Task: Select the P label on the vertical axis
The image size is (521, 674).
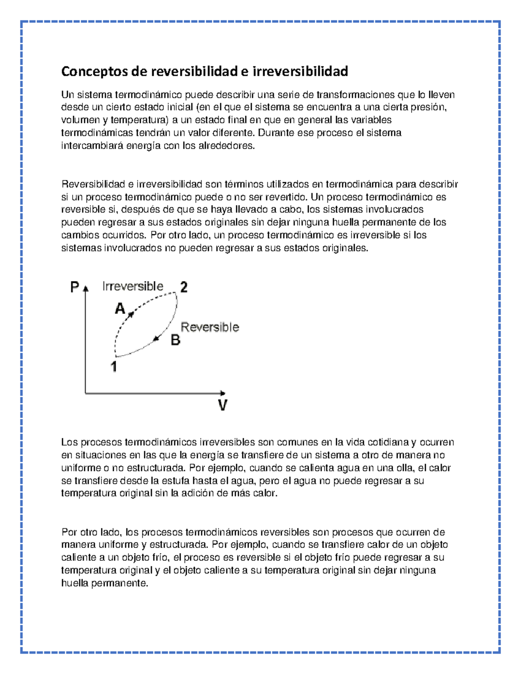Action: (x=75, y=287)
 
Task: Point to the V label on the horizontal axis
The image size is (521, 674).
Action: (x=222, y=406)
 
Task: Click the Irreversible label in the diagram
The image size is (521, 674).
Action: (x=133, y=286)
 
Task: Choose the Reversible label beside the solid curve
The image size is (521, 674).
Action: (x=210, y=327)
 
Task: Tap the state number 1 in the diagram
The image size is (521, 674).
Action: (x=114, y=367)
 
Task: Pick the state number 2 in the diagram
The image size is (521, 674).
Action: (x=184, y=287)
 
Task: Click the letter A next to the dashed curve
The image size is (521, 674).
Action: (x=120, y=309)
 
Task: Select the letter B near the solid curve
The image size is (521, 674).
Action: (x=175, y=340)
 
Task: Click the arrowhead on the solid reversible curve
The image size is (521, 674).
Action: (x=156, y=338)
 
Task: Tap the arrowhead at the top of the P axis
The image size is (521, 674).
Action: (x=86, y=288)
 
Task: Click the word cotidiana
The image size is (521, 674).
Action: (x=388, y=442)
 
